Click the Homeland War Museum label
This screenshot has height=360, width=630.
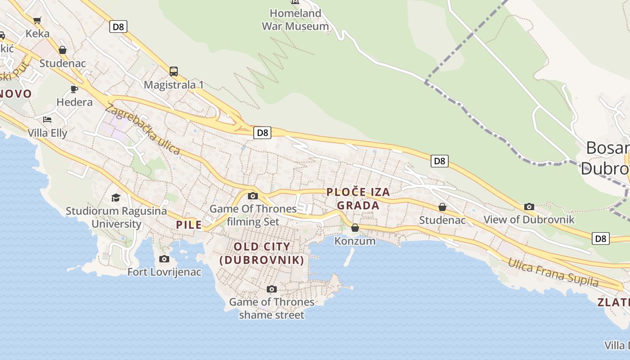point(295,20)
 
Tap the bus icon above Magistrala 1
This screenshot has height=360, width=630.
point(174,71)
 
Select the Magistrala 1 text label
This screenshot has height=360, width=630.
point(174,85)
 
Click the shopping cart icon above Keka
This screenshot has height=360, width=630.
point(37,20)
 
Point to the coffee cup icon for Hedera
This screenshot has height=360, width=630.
point(74,89)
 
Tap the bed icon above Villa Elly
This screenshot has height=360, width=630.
point(47,120)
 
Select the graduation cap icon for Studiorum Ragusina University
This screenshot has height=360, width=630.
point(116,198)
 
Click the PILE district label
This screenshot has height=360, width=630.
point(189,225)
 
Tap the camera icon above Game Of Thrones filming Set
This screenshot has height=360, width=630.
point(253,196)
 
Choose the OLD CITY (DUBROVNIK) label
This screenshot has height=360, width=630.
point(262,253)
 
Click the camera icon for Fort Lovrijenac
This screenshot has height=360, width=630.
point(164,259)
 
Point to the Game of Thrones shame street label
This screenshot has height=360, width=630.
point(271,308)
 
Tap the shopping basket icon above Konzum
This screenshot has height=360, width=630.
point(355,228)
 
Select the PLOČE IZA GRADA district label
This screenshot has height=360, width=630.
point(358,199)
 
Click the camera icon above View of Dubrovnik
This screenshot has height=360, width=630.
point(529,207)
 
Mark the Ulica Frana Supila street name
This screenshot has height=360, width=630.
point(553,273)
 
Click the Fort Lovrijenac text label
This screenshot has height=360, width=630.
point(164,272)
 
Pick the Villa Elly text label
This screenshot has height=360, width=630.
point(47,133)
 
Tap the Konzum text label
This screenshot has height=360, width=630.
point(355,241)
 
